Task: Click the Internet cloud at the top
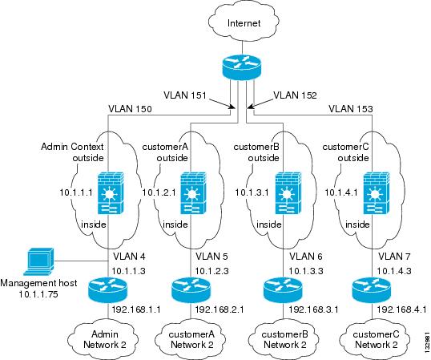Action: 244,22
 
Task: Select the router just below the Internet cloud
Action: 241,67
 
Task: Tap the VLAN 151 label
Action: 185,95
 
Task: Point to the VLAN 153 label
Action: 351,109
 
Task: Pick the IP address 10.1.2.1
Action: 159,192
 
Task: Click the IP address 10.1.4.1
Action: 341,192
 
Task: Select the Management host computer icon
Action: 38,261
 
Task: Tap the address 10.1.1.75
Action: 38,294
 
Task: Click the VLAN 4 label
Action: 129,257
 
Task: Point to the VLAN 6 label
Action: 306,257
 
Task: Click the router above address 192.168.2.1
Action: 191,290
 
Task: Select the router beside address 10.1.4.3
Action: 371,290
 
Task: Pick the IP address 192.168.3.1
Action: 313,310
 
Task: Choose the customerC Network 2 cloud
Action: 375,339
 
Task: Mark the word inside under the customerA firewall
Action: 175,224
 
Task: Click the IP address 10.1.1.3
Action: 128,271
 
